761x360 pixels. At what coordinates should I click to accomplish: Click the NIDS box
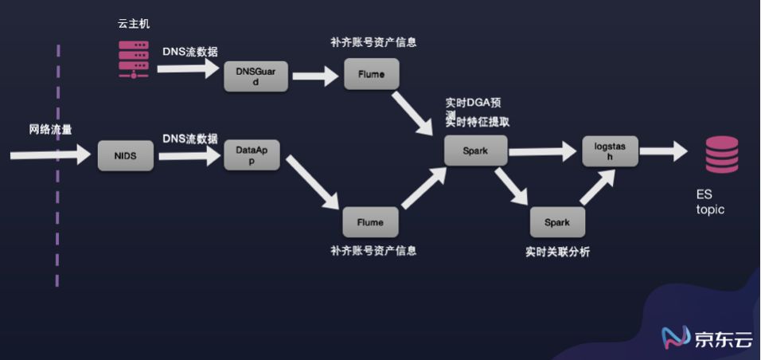click(125, 156)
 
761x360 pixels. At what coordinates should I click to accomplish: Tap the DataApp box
click(252, 155)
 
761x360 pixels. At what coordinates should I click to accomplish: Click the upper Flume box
click(371, 75)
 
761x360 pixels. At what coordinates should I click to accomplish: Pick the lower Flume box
click(370, 222)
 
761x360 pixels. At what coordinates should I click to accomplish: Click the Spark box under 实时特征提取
click(475, 150)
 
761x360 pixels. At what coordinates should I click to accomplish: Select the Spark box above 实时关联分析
click(557, 222)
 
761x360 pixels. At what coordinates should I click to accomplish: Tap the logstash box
click(611, 151)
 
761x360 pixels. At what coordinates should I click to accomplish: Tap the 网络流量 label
click(50, 130)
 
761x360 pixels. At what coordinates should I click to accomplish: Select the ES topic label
click(710, 203)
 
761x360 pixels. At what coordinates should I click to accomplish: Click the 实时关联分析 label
click(557, 252)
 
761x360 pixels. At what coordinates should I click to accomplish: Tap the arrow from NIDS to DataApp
click(188, 156)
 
